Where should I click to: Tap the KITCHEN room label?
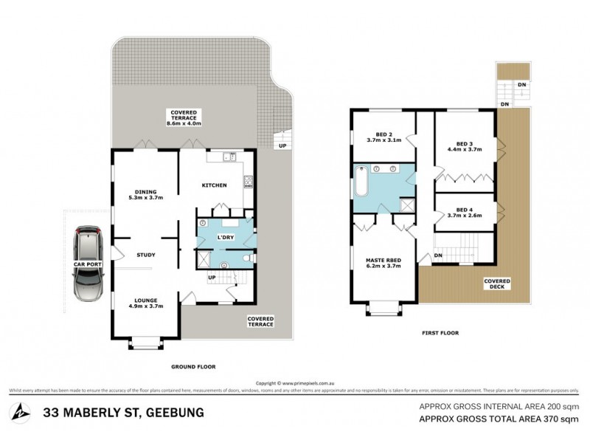[214, 185]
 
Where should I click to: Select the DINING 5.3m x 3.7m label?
[145, 194]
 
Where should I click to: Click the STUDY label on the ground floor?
[145, 255]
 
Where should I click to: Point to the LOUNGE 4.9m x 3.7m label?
[145, 303]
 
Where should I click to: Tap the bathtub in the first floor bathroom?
[361, 182]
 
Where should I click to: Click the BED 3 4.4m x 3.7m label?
[464, 145]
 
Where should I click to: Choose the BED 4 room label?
[464, 212]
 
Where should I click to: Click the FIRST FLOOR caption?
[440, 333]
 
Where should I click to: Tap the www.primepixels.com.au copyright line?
[294, 383]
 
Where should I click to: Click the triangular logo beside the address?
[22, 413]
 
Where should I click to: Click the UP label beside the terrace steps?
[282, 145]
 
